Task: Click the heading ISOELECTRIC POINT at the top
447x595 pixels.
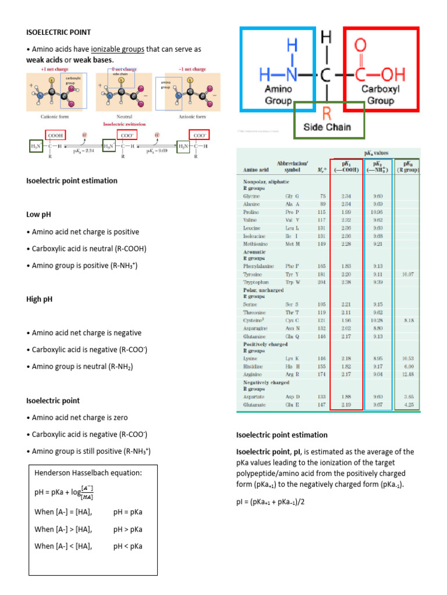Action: point(58,32)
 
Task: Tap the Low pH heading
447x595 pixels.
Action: point(38,214)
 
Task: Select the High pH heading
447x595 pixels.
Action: point(40,299)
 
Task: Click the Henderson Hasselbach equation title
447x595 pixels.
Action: point(88,472)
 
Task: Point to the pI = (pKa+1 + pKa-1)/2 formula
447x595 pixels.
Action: point(270,501)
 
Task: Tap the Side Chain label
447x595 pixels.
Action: point(328,127)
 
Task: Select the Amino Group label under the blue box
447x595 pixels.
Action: point(278,95)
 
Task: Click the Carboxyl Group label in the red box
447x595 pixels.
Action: point(381,95)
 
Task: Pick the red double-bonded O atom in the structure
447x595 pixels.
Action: point(360,45)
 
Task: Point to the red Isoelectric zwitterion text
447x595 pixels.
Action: point(124,124)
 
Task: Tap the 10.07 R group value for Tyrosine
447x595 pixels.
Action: point(407,273)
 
